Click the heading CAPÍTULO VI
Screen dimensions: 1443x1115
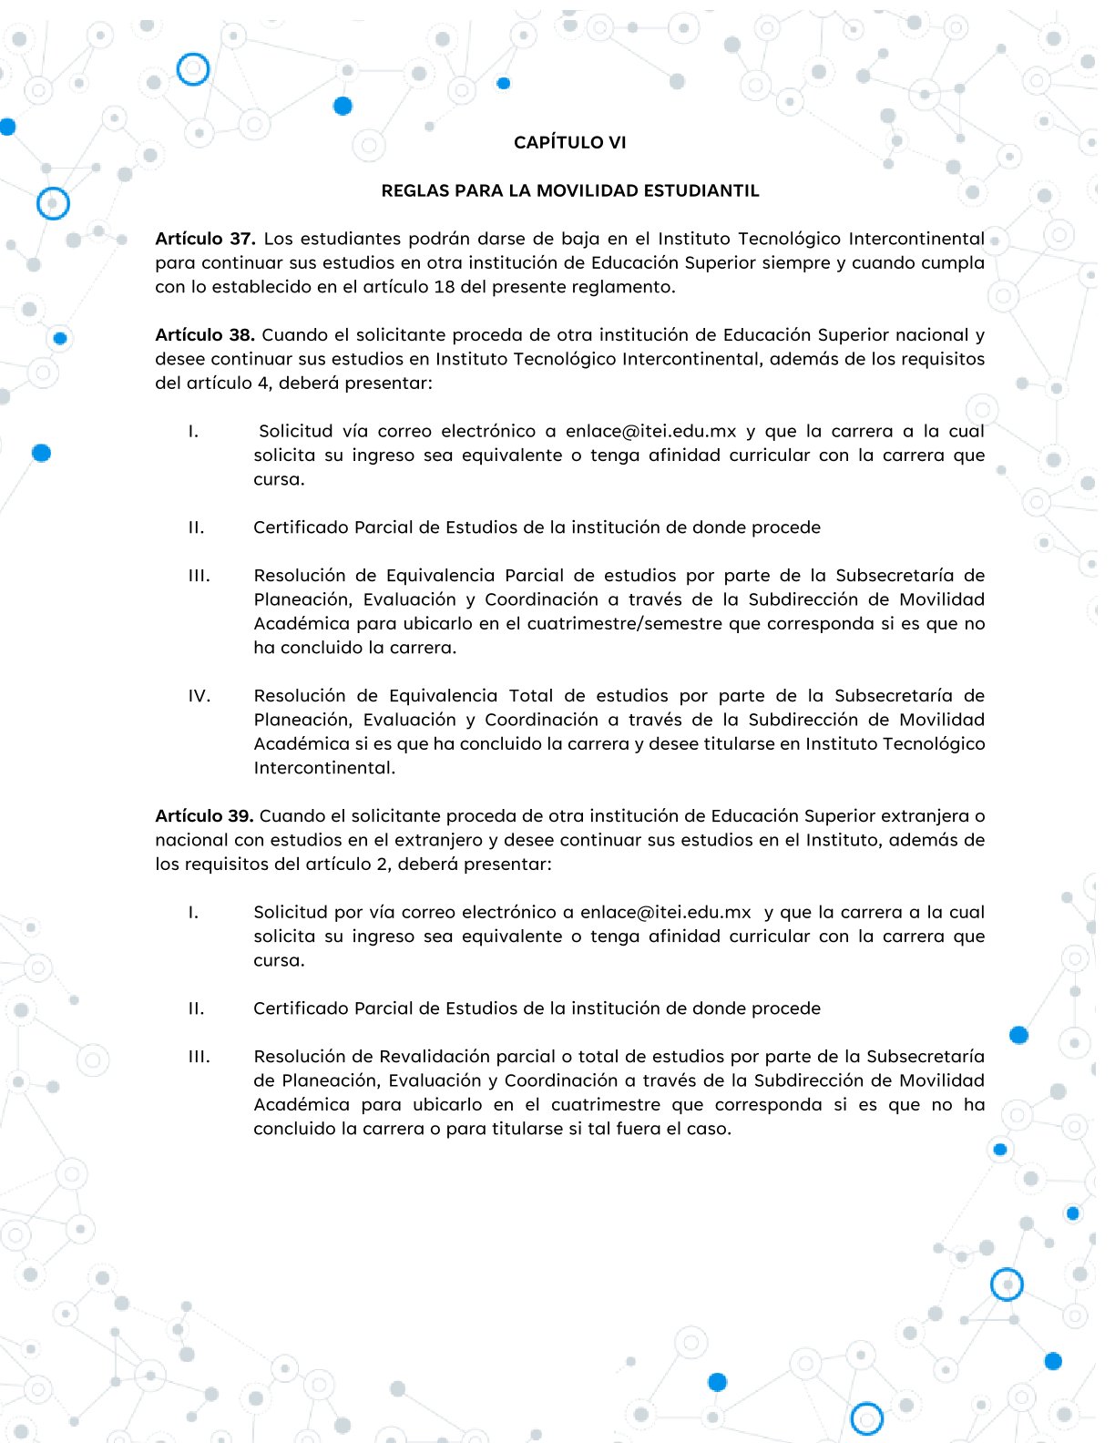pyautogui.click(x=569, y=142)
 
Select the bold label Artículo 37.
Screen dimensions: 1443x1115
pyautogui.click(x=205, y=239)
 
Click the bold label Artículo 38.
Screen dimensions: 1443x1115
pyautogui.click(x=204, y=335)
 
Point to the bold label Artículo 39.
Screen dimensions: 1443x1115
pyautogui.click(x=204, y=816)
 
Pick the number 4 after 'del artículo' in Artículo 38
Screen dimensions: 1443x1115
pyautogui.click(x=263, y=384)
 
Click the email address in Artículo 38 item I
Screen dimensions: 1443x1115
pyautogui.click(x=650, y=432)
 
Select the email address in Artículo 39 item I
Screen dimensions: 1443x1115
pyautogui.click(x=665, y=913)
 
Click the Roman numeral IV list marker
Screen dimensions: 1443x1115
pyautogui.click(x=199, y=696)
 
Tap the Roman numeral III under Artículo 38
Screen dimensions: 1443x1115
pyautogui.click(x=199, y=576)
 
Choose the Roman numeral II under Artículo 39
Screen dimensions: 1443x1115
pyautogui.click(x=196, y=1008)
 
